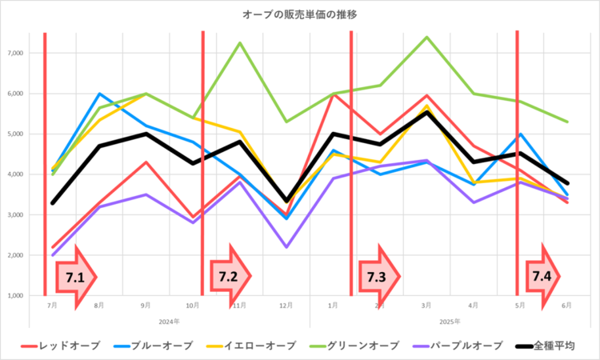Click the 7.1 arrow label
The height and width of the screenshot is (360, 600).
coord(74,277)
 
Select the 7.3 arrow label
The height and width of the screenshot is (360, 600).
coord(377,277)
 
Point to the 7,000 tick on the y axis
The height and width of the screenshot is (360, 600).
coord(16,53)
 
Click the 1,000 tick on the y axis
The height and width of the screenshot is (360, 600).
coord(16,295)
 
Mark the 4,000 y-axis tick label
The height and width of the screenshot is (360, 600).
coord(16,174)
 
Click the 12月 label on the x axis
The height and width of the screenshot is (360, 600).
coord(286,306)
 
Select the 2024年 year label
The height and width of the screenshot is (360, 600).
coord(170,322)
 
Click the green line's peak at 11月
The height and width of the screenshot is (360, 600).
coord(239,42)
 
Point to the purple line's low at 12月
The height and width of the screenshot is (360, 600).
coord(286,247)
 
